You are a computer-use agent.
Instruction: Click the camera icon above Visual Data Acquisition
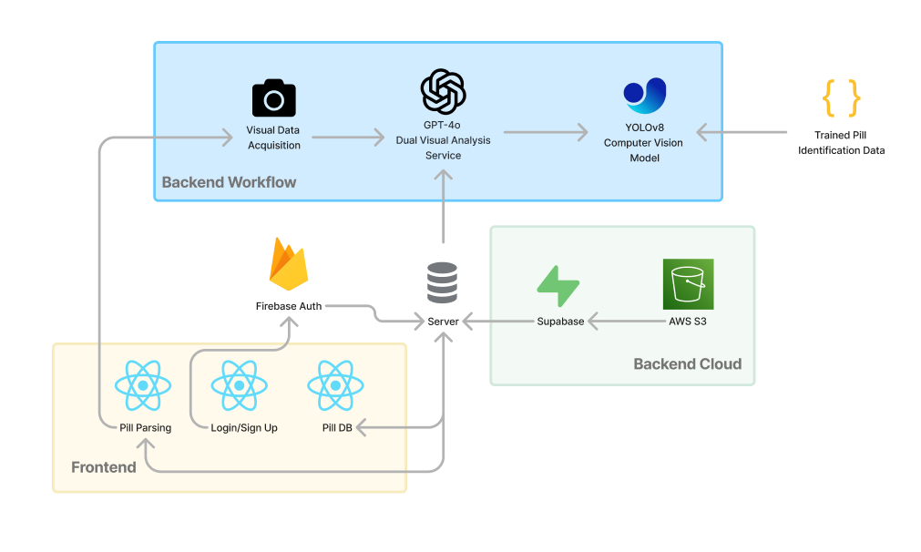coord(274,98)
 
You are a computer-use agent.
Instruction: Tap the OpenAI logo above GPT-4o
coord(443,91)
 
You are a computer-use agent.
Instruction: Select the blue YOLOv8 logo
coord(644,97)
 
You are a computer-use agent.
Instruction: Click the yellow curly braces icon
coord(841,98)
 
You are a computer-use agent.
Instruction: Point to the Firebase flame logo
coord(288,264)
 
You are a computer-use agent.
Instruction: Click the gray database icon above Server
coord(443,283)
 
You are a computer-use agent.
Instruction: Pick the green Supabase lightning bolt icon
coord(558,286)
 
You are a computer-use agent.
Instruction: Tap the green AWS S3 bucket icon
coord(688,284)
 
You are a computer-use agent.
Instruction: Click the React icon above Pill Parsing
coord(144,385)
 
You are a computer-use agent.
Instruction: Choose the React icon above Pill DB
coord(336,385)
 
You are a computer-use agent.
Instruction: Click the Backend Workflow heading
coord(229,182)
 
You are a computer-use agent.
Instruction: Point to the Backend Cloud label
coord(687,364)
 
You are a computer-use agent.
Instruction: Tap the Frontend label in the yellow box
coord(104,467)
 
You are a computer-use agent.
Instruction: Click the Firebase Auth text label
coord(288,306)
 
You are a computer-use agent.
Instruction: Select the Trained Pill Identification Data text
coord(841,143)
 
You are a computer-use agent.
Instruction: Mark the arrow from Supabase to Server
coord(496,322)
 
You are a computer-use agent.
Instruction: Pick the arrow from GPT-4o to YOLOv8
coord(546,133)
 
